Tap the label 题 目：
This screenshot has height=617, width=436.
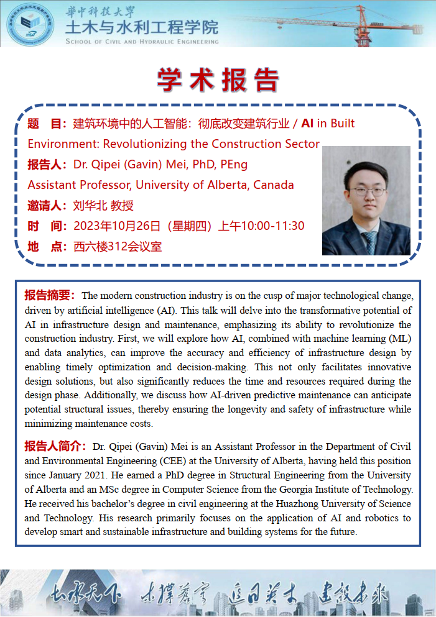[47, 124]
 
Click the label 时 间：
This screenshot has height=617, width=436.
[47, 226]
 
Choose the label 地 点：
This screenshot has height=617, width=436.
[47, 246]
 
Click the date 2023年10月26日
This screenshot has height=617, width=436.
[118, 226]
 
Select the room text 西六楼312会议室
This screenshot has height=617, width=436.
[118, 246]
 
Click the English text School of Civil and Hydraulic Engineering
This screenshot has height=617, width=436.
[142, 42]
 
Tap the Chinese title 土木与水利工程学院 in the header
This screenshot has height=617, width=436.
[142, 27]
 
